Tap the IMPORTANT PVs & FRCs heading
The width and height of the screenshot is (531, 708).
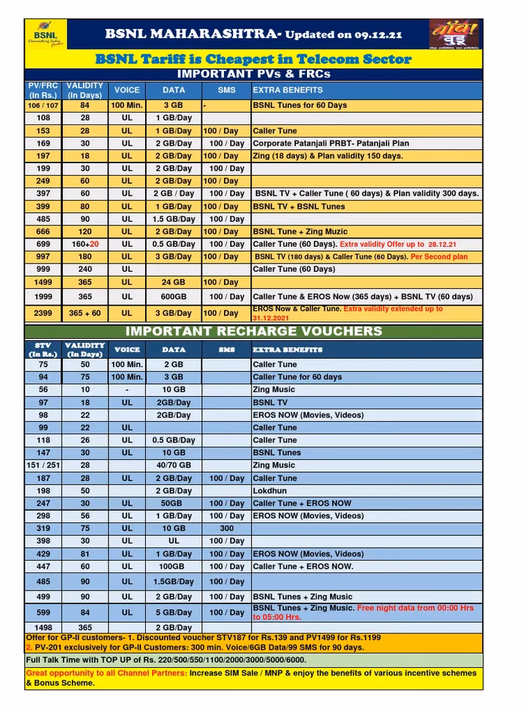(x=254, y=74)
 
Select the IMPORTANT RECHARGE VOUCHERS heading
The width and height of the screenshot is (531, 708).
(x=254, y=330)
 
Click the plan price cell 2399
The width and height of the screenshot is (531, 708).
(x=44, y=313)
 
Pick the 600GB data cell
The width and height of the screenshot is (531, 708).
(x=174, y=297)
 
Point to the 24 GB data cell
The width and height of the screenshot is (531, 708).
(x=174, y=282)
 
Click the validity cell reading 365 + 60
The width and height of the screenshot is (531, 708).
(x=85, y=313)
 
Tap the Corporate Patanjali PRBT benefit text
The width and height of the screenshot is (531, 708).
(x=331, y=143)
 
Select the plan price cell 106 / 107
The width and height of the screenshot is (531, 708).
(x=44, y=105)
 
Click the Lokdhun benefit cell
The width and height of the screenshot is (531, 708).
(x=269, y=491)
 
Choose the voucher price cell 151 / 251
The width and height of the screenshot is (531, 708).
(x=44, y=465)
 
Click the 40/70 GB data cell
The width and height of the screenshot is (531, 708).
(x=174, y=465)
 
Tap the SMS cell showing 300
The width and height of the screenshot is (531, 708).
(x=226, y=528)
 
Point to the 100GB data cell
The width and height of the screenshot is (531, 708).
(x=174, y=566)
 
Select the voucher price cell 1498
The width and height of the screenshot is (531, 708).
(x=44, y=627)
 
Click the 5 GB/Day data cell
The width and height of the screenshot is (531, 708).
(x=174, y=612)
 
